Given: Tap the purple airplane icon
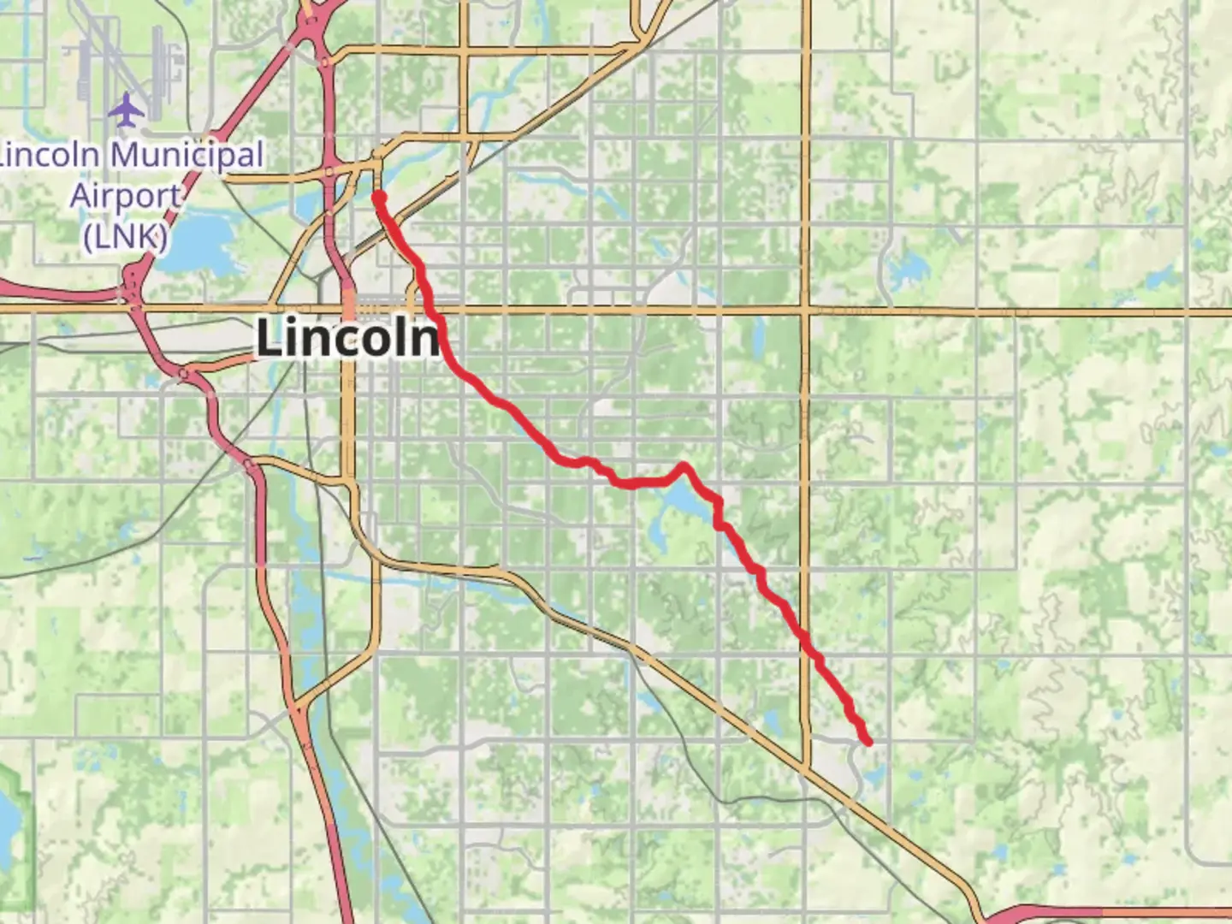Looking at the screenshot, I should pyautogui.click(x=127, y=110).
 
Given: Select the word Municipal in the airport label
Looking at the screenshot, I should pyautogui.click(x=187, y=156).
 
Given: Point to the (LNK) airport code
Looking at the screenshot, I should pyautogui.click(x=125, y=235).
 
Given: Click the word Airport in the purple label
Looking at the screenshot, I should pyautogui.click(x=126, y=196).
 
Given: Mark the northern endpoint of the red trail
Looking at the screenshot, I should pyautogui.click(x=378, y=197).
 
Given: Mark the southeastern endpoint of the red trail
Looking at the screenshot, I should pyautogui.click(x=868, y=741).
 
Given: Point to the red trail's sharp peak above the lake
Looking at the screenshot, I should pyautogui.click(x=683, y=466).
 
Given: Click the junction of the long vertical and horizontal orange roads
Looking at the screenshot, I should pyautogui.click(x=806, y=311).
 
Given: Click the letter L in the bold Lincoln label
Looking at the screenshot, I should pyautogui.click(x=270, y=337).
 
